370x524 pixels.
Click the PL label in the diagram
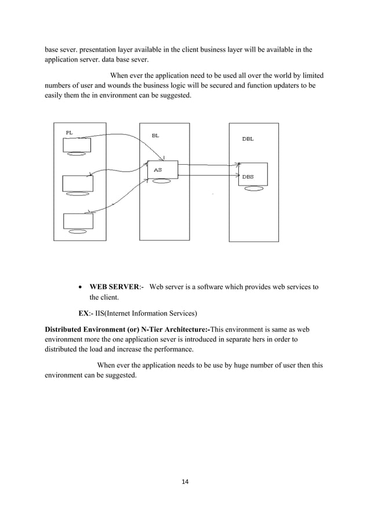pyautogui.click(x=69, y=132)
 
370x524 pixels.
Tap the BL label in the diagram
pyautogui.click(x=155, y=135)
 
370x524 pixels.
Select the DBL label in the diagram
pyautogui.click(x=248, y=139)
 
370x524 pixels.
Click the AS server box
pyautogui.click(x=162, y=168)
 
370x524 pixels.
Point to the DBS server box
pyautogui.click(x=252, y=175)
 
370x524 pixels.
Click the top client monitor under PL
pyautogui.click(x=77, y=144)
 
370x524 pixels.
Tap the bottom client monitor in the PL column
pyautogui.click(x=78, y=221)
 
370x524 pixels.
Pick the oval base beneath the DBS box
pyautogui.click(x=252, y=189)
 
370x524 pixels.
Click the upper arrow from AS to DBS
pyautogui.click(x=209, y=164)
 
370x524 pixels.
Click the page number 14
pyautogui.click(x=185, y=482)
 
